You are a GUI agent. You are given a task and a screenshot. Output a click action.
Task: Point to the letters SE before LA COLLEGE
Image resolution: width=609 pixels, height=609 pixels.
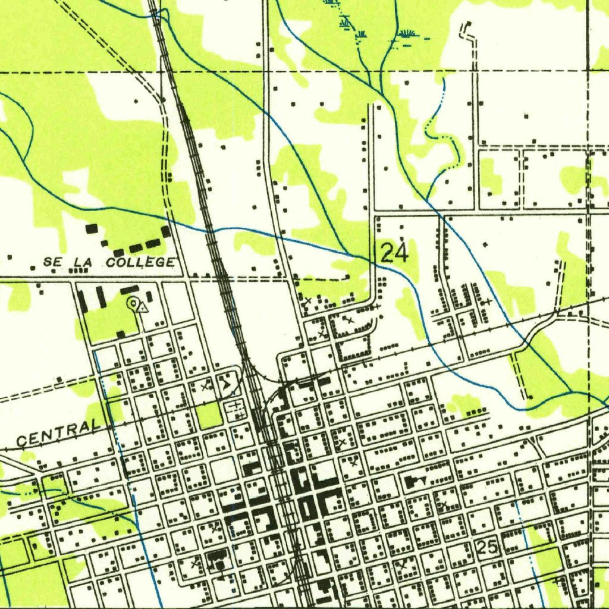[x=52, y=262]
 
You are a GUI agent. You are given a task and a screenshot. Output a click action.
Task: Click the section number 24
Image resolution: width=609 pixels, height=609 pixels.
[x=394, y=254]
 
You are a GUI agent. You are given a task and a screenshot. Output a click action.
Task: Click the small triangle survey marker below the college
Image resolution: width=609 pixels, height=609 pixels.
[x=143, y=307]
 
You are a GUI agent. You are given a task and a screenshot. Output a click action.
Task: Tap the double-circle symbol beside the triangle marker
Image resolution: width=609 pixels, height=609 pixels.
[x=133, y=303]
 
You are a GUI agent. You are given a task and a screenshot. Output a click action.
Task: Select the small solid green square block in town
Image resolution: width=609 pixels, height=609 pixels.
[x=209, y=415]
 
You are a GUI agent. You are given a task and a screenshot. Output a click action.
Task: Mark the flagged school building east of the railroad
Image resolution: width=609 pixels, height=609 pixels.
[x=413, y=479]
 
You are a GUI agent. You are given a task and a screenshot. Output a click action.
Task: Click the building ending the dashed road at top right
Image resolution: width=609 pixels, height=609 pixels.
[x=468, y=24]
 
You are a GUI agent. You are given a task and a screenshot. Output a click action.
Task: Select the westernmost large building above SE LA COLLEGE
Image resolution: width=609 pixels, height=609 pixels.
[x=91, y=228]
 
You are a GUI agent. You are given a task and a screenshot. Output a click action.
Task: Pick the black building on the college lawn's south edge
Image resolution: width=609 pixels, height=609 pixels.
[x=121, y=334]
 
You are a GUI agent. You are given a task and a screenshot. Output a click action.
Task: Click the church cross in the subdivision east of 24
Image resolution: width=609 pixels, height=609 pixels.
[x=488, y=302]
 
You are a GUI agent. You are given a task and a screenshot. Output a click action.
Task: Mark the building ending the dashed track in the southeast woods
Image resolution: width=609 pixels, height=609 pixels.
[x=529, y=396]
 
